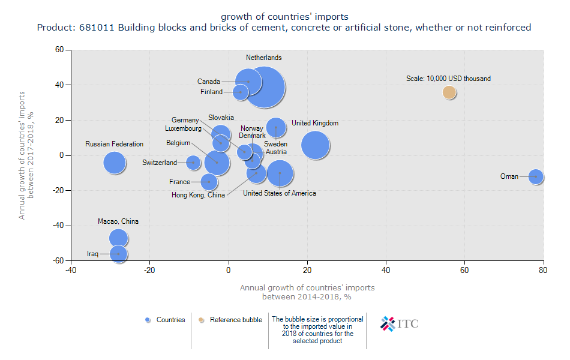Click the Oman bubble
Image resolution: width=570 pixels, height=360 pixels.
tap(536, 176)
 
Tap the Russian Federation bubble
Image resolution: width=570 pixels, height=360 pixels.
tap(114, 162)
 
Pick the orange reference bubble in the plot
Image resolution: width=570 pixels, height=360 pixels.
tap(449, 92)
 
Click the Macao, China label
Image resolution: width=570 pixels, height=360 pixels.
tap(118, 221)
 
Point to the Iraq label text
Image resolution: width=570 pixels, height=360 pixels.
tap(92, 254)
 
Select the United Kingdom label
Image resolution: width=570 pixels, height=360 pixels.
tap(315, 123)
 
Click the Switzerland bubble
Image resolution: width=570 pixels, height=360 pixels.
tap(193, 162)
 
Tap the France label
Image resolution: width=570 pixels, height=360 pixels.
tap(179, 182)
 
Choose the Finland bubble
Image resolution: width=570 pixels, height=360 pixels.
tap(241, 92)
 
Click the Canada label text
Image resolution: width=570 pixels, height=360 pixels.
tap(209, 82)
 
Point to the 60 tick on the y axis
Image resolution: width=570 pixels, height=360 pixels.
tap(59, 50)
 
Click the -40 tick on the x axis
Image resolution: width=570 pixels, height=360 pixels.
tap(71, 270)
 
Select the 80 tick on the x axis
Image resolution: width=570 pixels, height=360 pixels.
tap(543, 270)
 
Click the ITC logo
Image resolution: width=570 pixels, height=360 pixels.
tap(400, 323)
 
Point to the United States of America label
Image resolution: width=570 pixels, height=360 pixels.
tap(280, 193)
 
